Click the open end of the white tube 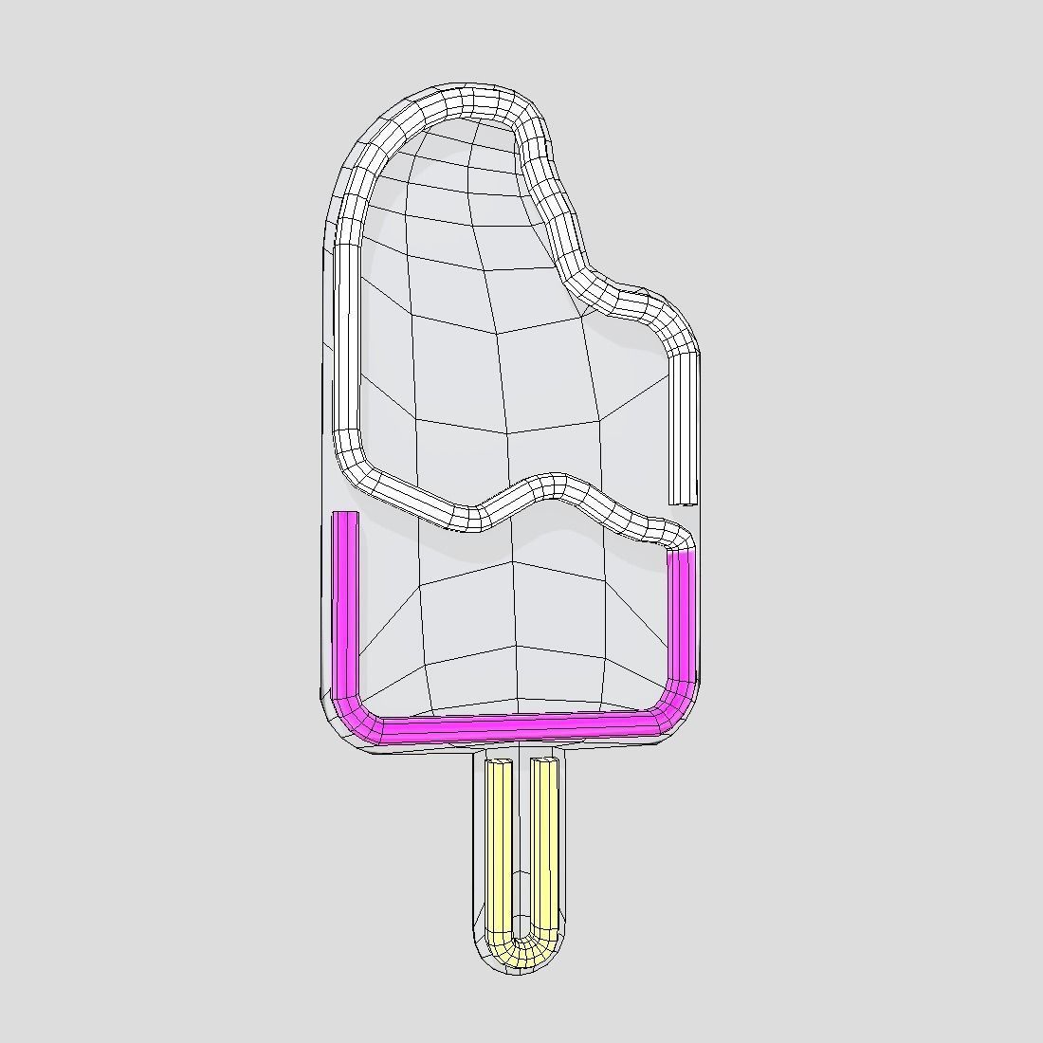point(683,500)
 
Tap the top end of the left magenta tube point(346,517)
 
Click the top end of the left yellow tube point(499,763)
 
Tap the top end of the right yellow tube point(544,761)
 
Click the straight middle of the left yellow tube point(499,844)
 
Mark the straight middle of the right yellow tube point(543,844)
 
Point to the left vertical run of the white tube point(347,332)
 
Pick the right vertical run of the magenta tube point(682,616)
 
